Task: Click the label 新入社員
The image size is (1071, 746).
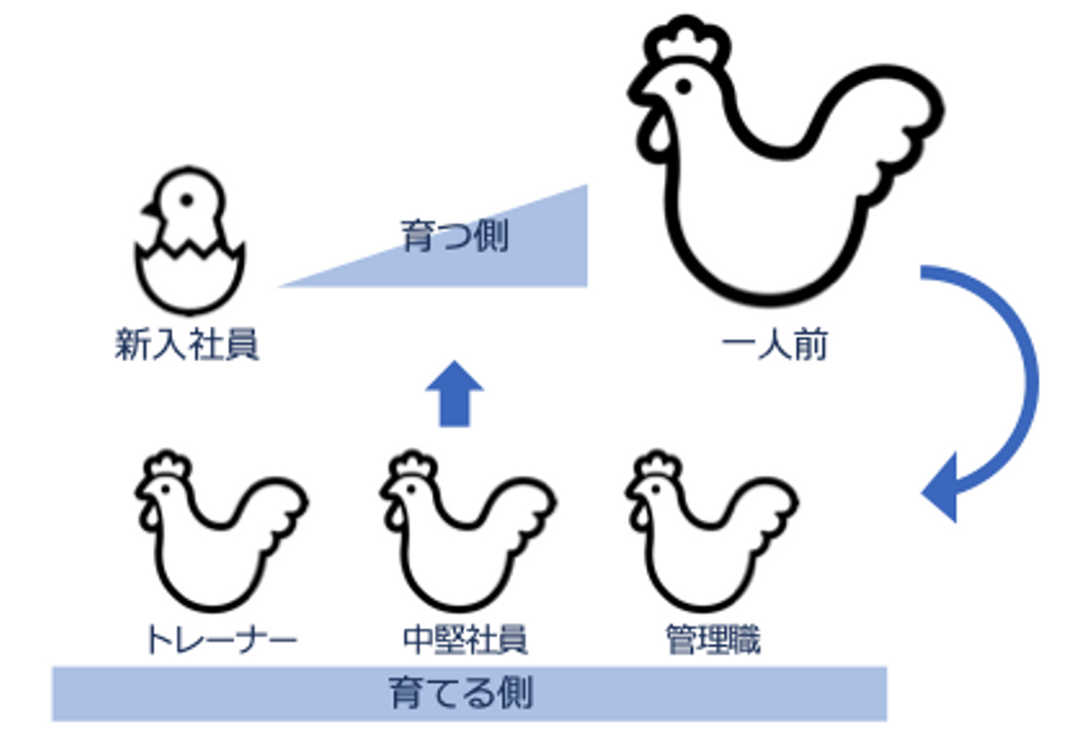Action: (x=187, y=344)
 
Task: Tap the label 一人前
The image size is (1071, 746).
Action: (x=774, y=344)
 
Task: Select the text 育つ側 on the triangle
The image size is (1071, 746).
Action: (x=454, y=237)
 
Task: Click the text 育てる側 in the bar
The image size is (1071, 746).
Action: (x=462, y=693)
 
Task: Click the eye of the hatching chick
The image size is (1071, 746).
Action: (x=187, y=200)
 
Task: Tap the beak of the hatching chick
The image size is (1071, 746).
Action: (x=149, y=210)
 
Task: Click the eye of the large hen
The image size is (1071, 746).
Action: (x=683, y=86)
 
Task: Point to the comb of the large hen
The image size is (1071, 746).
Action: (x=689, y=41)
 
